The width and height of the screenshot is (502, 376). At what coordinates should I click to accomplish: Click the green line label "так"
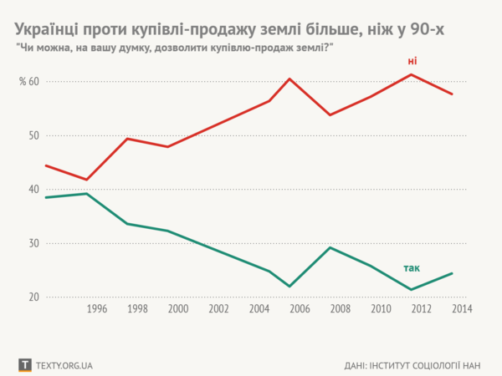pos(412,269)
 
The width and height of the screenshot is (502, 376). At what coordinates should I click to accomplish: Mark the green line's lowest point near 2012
pos(412,290)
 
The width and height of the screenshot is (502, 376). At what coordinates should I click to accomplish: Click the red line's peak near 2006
pos(289,79)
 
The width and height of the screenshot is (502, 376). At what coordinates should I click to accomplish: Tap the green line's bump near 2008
pos(330,247)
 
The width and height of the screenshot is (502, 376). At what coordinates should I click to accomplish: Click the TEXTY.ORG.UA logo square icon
pos(24,365)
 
